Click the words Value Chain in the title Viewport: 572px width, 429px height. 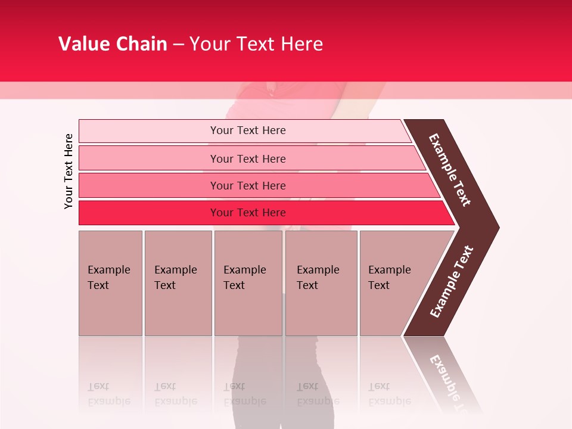[113, 44]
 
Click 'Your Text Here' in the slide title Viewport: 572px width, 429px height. [256, 44]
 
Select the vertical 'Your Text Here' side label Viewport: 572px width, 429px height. [69, 172]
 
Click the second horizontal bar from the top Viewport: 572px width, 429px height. [247, 158]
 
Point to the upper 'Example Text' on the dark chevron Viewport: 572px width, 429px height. [450, 170]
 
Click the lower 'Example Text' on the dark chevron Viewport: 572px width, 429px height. [452, 281]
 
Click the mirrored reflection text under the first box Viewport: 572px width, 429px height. [108, 394]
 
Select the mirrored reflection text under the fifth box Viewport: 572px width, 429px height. [389, 394]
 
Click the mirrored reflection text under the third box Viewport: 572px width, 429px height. [244, 394]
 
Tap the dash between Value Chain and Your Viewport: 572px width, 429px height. [178, 45]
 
